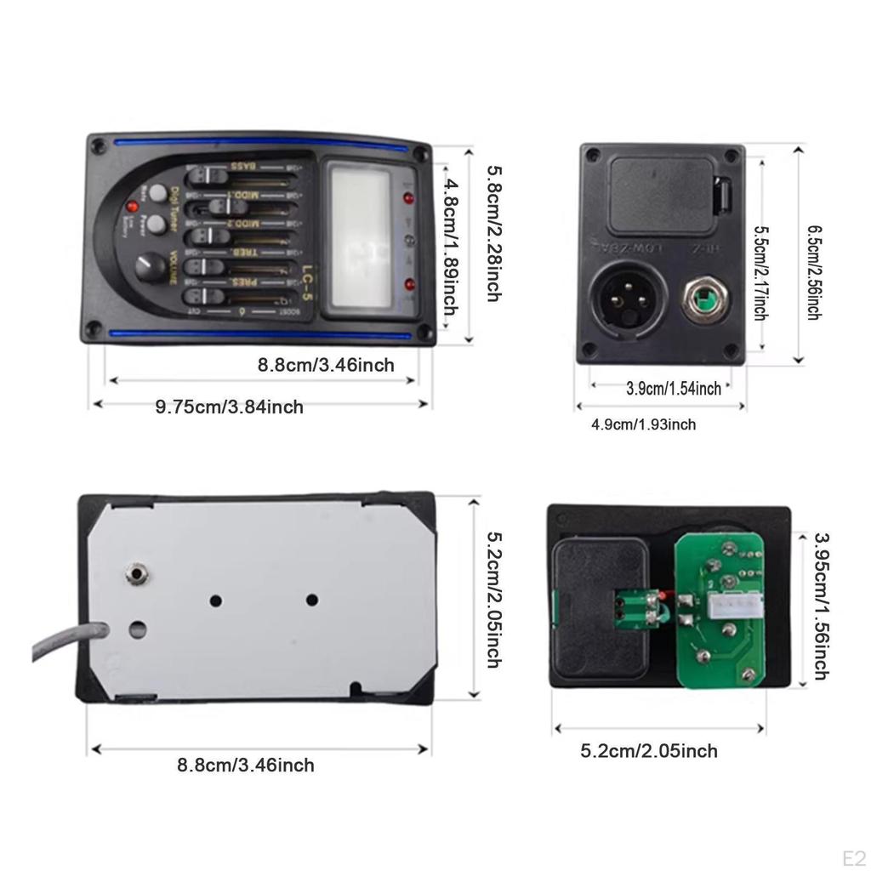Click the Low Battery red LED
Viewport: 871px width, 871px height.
click(x=133, y=207)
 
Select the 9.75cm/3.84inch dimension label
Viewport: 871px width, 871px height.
click(x=229, y=407)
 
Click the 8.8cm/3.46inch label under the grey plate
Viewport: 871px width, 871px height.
click(x=246, y=766)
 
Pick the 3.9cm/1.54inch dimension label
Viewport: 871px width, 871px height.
click(x=674, y=389)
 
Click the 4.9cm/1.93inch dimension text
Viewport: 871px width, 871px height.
click(x=643, y=424)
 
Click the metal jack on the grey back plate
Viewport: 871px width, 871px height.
click(x=134, y=574)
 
